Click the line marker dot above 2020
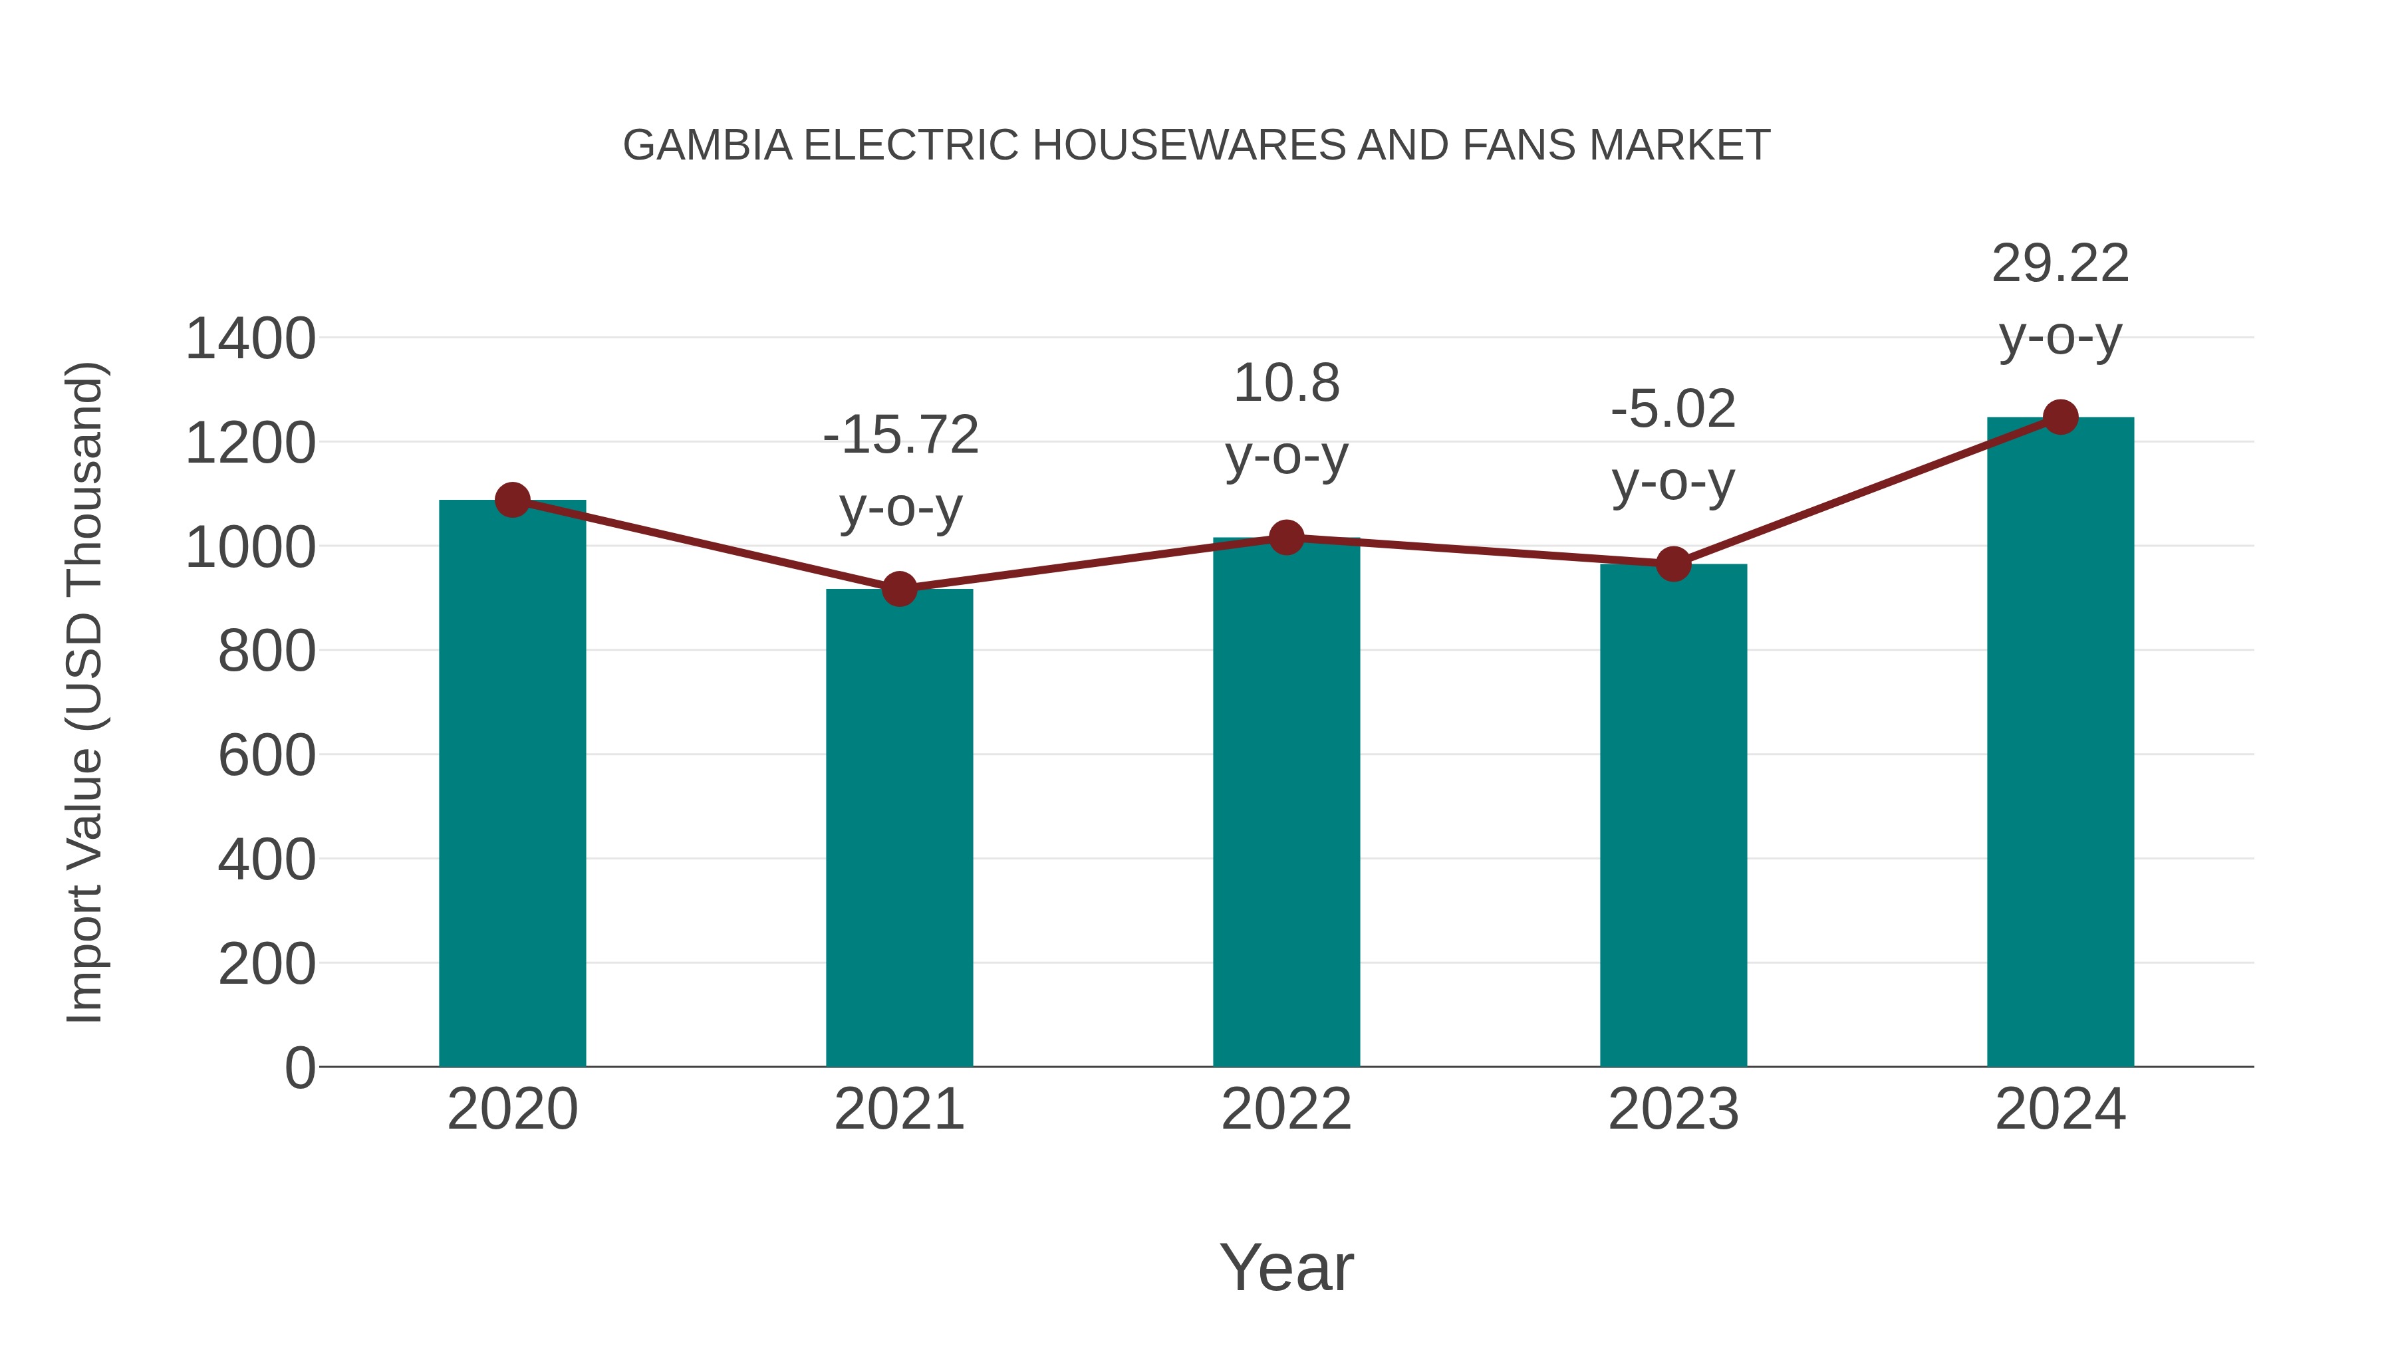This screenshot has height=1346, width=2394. click(512, 501)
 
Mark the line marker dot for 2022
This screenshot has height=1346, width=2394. click(1286, 537)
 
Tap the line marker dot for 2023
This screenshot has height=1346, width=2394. click(1673, 564)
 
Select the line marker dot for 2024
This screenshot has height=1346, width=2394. click(2060, 417)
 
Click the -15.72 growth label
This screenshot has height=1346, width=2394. click(900, 435)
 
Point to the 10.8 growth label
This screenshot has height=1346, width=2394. click(1286, 383)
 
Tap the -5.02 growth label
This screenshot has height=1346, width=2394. click(1673, 409)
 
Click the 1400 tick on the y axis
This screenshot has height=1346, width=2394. click(250, 339)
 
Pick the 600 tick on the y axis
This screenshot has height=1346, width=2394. click(266, 755)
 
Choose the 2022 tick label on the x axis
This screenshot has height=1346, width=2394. click(1286, 1109)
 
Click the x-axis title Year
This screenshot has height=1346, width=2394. click(1286, 1267)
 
